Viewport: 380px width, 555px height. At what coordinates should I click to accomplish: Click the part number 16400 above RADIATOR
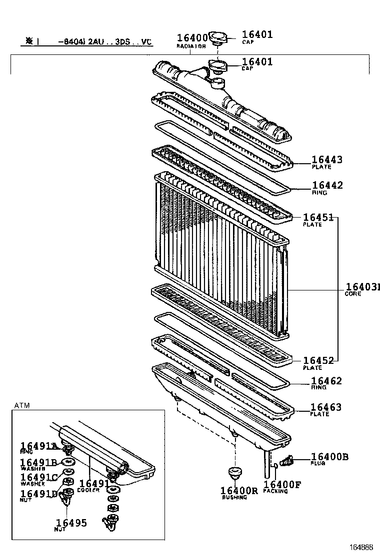click(192, 38)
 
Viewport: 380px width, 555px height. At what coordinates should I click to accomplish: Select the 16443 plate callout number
click(327, 160)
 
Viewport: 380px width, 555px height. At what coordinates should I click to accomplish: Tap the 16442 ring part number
click(327, 186)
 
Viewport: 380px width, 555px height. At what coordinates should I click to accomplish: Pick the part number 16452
click(318, 360)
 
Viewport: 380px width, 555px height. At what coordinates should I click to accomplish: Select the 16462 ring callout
click(326, 381)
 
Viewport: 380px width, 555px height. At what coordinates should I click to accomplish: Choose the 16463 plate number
click(326, 407)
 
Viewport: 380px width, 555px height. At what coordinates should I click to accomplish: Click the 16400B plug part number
click(329, 457)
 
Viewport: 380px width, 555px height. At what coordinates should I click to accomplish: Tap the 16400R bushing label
click(239, 491)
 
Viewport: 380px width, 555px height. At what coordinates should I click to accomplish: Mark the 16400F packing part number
click(282, 484)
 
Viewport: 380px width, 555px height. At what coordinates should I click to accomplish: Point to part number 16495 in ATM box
click(71, 523)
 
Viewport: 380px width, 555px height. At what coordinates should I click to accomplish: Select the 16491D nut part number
click(39, 494)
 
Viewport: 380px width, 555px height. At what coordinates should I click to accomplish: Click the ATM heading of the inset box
click(22, 405)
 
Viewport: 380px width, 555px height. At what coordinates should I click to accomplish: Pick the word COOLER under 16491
click(88, 490)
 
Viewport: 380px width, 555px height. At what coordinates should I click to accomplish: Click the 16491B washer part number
click(39, 463)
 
